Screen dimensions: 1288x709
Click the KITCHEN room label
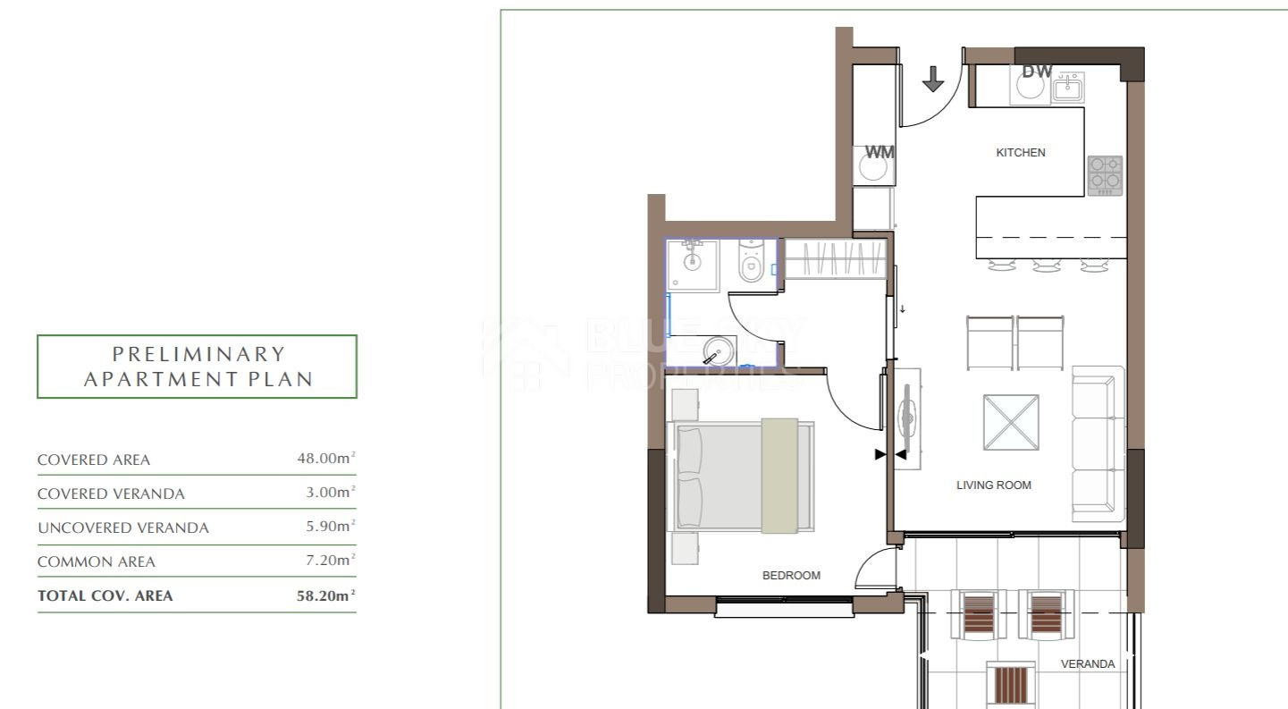[x=1021, y=152]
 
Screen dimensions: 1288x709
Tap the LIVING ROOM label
[x=994, y=485]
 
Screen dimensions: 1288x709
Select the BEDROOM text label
[x=791, y=575]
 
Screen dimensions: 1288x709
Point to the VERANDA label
[x=1087, y=663]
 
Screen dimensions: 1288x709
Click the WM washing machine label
[x=880, y=152]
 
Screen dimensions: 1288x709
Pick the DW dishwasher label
[x=1038, y=72]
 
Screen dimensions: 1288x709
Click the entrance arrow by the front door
[x=932, y=79]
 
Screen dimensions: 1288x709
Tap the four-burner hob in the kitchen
[x=1105, y=175]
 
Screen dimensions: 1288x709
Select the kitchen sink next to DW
[x=1068, y=88]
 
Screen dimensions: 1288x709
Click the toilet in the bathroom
[x=751, y=262]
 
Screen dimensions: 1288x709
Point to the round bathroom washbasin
[x=719, y=350]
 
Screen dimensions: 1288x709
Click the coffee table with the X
[x=1011, y=422]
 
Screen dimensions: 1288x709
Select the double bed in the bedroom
[x=741, y=477]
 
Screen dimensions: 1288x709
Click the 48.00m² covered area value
[x=326, y=458]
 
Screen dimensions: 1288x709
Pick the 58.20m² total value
[x=326, y=595]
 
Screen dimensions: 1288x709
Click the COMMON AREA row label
[x=96, y=561]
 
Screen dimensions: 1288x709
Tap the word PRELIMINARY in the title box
[x=199, y=354]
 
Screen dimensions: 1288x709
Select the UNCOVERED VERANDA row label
[x=123, y=528]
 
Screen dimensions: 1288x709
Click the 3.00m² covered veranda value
[x=331, y=492]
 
